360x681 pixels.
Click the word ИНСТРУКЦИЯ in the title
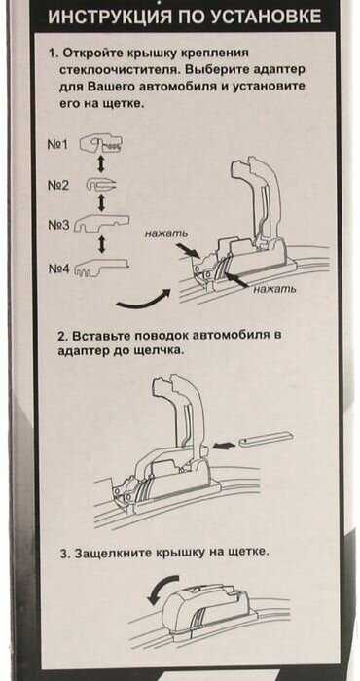[102, 16]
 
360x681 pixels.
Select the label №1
[58, 144]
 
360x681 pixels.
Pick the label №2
[58, 186]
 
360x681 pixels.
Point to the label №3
[58, 225]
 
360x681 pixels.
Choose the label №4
[58, 269]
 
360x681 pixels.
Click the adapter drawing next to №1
[101, 145]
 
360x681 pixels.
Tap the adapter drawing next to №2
[102, 185]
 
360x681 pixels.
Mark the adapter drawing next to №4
[101, 268]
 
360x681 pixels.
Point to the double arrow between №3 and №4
[101, 244]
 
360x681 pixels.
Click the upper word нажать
[166, 234]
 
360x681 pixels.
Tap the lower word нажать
[275, 288]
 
